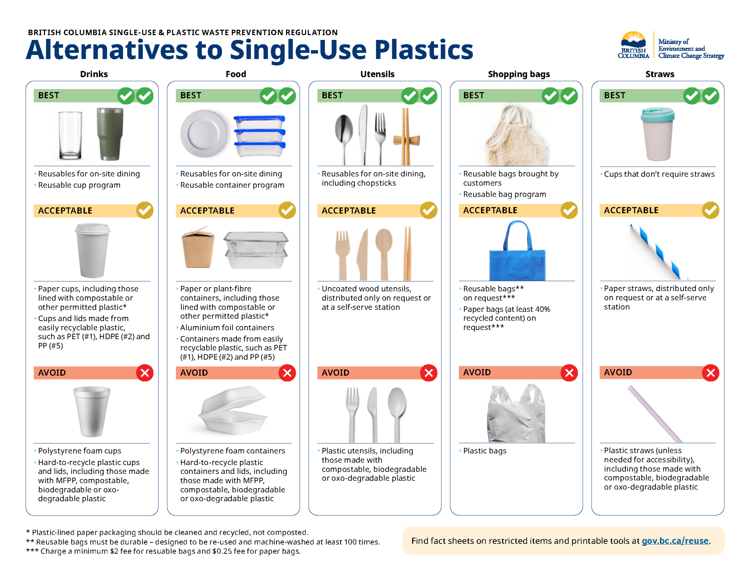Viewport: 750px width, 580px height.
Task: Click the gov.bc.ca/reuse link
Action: (675, 541)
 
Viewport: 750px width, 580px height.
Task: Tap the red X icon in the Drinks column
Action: (145, 373)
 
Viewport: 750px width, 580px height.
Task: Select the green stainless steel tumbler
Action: (110, 134)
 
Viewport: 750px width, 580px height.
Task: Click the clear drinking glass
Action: (70, 135)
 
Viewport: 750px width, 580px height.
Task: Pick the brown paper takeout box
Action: (198, 247)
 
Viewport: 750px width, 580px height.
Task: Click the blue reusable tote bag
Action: (517, 251)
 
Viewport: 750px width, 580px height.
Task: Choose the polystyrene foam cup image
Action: (92, 411)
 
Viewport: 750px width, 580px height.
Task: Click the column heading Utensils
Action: (377, 74)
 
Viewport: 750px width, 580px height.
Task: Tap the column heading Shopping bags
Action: (519, 74)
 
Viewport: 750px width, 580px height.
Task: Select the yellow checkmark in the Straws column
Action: (710, 210)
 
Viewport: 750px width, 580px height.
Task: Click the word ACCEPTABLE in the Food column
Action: (207, 211)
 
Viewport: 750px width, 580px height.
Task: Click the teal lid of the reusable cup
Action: (658, 115)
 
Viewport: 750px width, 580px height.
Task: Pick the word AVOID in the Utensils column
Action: (335, 373)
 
